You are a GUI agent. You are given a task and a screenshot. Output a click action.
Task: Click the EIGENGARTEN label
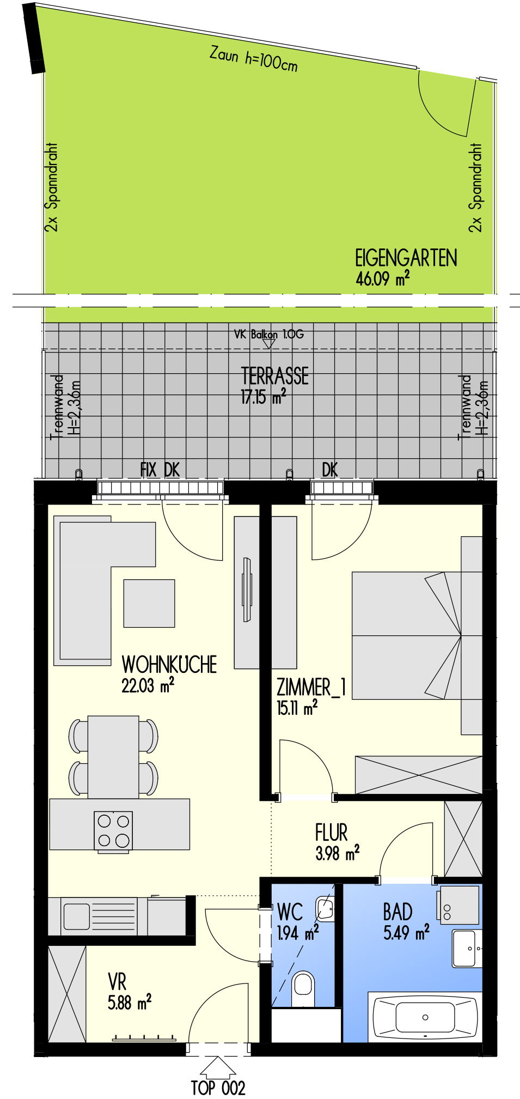click(x=406, y=258)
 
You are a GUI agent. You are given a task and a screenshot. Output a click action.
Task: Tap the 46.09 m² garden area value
click(x=382, y=278)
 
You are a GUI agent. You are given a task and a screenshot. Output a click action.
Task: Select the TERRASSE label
click(x=274, y=377)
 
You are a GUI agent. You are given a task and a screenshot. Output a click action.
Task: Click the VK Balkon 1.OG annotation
click(x=268, y=334)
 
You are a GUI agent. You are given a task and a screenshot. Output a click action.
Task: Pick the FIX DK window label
click(x=160, y=470)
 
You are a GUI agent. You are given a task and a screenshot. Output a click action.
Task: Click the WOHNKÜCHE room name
click(x=169, y=664)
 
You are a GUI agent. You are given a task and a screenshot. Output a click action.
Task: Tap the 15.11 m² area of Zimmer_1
click(x=297, y=707)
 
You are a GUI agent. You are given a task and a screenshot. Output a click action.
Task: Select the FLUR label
click(x=331, y=833)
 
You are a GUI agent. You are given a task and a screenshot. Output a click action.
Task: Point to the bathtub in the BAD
click(x=425, y=1017)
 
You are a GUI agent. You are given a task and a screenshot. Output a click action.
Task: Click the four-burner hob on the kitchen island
click(x=113, y=830)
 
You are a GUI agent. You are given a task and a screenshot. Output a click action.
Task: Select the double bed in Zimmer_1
click(x=406, y=635)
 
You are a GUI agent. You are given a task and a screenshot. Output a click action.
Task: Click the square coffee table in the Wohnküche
click(x=149, y=603)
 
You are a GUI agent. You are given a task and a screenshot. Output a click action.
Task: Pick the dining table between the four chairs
click(x=113, y=757)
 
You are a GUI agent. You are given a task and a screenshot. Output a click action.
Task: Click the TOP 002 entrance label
click(x=218, y=1088)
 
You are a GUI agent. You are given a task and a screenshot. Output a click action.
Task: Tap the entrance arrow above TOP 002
click(x=218, y=1067)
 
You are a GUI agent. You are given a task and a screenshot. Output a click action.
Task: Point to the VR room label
click(x=117, y=982)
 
